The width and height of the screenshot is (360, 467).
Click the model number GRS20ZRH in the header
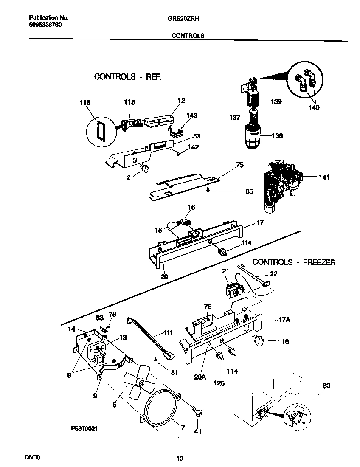coord(187,19)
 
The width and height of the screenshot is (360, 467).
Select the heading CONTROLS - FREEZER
coord(294,262)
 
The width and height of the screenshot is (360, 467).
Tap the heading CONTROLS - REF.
coord(128,77)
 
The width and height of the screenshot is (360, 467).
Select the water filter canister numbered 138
coord(254,137)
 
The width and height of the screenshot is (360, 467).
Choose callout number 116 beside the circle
coord(85,103)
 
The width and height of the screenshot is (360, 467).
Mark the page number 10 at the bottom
coord(180,458)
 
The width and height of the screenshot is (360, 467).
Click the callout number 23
coord(326,385)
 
